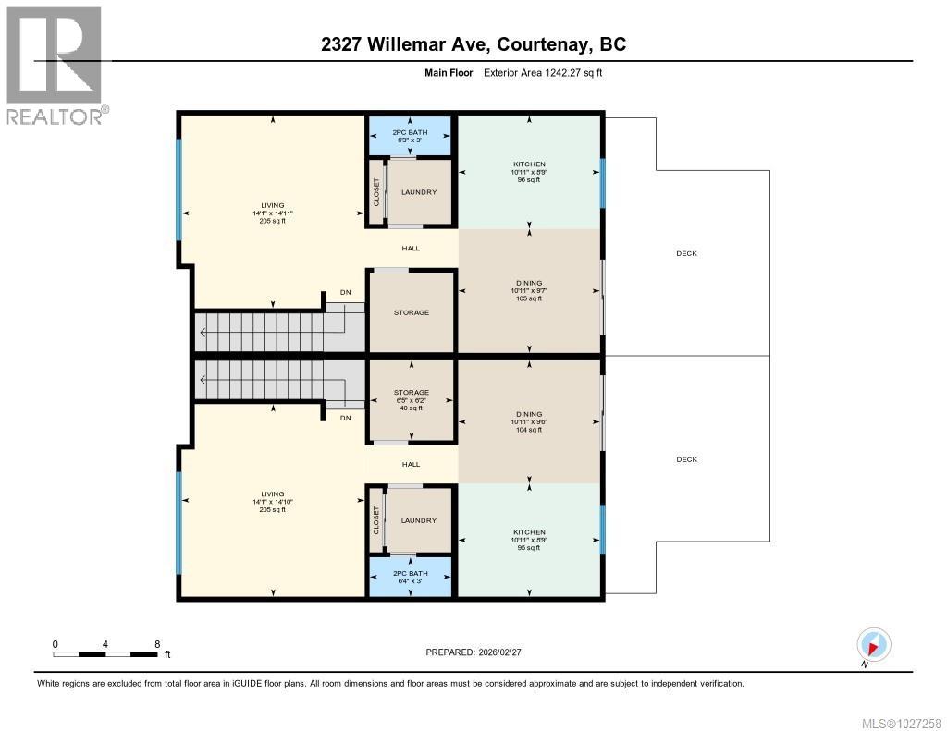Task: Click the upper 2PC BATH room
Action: tap(410, 136)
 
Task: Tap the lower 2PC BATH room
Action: tap(410, 577)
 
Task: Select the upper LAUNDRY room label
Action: tap(419, 192)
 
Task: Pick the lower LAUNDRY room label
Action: tap(419, 520)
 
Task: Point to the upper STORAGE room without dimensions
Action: tap(411, 312)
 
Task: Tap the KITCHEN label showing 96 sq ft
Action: tap(529, 172)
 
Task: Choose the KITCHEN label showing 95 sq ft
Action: tap(529, 540)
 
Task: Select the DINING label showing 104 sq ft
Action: tap(529, 421)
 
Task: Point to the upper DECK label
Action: tap(686, 253)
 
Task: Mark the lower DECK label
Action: tap(686, 459)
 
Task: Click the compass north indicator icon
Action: tap(873, 644)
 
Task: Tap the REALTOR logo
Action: tap(55, 65)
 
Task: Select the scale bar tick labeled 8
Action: tap(157, 644)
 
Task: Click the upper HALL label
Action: tap(411, 249)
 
